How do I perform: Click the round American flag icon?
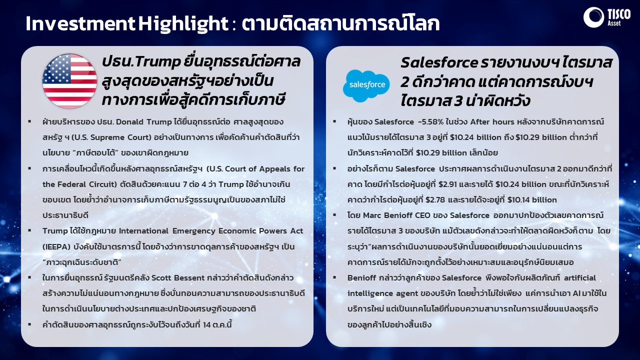click(x=69, y=81)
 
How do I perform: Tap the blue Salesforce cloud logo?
click(x=366, y=85)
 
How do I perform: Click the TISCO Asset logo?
click(x=607, y=17)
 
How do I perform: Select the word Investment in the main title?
click(x=80, y=23)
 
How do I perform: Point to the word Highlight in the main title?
click(x=183, y=24)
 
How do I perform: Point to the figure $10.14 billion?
click(x=532, y=199)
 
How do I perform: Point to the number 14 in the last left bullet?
click(x=207, y=324)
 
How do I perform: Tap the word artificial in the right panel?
click(x=579, y=277)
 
